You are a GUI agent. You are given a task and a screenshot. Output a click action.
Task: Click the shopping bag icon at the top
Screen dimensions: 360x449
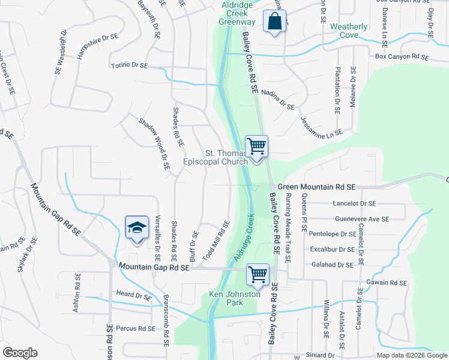(x=274, y=22)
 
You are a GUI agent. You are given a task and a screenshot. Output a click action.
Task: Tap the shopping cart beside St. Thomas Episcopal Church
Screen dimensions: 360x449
(x=256, y=146)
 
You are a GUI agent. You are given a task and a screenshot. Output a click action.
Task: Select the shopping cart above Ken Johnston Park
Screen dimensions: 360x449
(x=258, y=275)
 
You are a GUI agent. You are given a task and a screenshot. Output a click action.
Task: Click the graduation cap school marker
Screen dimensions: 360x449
(x=136, y=228)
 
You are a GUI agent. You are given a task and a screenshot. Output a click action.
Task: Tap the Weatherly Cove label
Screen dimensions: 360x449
(x=349, y=31)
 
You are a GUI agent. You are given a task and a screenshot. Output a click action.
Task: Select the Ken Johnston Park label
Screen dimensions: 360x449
(x=235, y=298)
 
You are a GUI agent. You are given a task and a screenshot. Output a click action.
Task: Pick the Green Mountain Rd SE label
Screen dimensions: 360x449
(x=317, y=187)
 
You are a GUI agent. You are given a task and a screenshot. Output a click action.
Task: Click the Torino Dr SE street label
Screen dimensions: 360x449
(x=128, y=65)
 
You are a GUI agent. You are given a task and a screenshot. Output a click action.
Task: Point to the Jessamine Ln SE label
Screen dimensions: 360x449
(x=321, y=125)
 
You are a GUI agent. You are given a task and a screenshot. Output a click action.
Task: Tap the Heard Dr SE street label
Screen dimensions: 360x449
(x=134, y=295)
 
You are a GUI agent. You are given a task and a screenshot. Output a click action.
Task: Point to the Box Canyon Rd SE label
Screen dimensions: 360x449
(x=402, y=57)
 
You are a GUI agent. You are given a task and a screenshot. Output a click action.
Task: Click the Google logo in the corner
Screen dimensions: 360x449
(x=20, y=353)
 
